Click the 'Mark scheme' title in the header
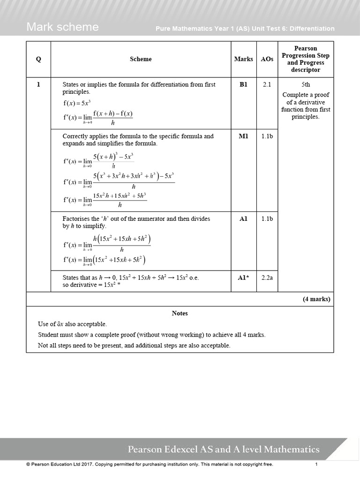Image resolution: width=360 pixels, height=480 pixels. pyautogui.click(x=62, y=27)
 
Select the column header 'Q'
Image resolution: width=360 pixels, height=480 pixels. pyautogui.click(x=38, y=59)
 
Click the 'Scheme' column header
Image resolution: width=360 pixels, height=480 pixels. pyautogui.click(x=141, y=59)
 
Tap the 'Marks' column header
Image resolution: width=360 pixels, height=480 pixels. pyautogui.click(x=243, y=59)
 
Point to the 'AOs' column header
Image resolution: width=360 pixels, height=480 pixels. pyautogui.click(x=267, y=59)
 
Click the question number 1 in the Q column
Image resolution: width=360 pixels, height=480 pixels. pyautogui.click(x=38, y=84)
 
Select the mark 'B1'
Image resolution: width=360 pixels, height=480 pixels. pyautogui.click(x=243, y=84)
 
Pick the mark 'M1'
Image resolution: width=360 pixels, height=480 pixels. pyautogui.click(x=243, y=136)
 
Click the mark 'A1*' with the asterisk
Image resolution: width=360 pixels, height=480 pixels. pyautogui.click(x=243, y=277)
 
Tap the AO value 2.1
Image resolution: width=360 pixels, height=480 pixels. pyautogui.click(x=267, y=84)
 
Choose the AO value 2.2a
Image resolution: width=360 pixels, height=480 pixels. pyautogui.click(x=267, y=277)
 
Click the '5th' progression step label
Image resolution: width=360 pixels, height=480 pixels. pyautogui.click(x=306, y=85)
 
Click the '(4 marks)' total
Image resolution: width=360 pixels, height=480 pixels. pyautogui.click(x=316, y=299)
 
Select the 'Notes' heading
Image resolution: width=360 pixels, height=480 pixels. pyautogui.click(x=180, y=313)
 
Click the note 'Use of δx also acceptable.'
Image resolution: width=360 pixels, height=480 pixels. pyautogui.click(x=72, y=324)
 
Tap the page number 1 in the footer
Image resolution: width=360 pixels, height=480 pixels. pyautogui.click(x=316, y=465)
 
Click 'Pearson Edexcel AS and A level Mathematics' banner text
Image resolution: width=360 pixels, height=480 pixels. pyautogui.click(x=224, y=450)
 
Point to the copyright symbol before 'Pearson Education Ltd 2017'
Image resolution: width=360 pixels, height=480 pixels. pyautogui.click(x=28, y=465)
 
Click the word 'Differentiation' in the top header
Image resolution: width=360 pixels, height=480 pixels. pyautogui.click(x=312, y=29)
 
